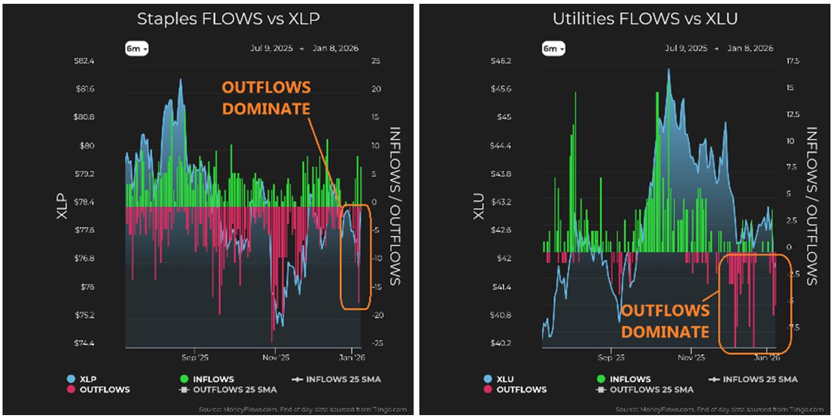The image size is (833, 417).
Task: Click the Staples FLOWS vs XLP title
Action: click(x=228, y=19)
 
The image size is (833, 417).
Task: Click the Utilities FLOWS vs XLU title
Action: click(x=645, y=19)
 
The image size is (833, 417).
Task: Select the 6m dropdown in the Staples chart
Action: click(x=136, y=49)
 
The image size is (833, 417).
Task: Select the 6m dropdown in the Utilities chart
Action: click(x=553, y=49)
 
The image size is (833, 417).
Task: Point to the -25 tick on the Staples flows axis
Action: click(x=376, y=343)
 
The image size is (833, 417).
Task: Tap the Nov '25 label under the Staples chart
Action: click(x=275, y=357)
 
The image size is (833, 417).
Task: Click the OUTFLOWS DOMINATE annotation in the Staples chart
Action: click(x=266, y=98)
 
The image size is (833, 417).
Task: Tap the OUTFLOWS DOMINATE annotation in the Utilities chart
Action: click(x=665, y=321)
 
